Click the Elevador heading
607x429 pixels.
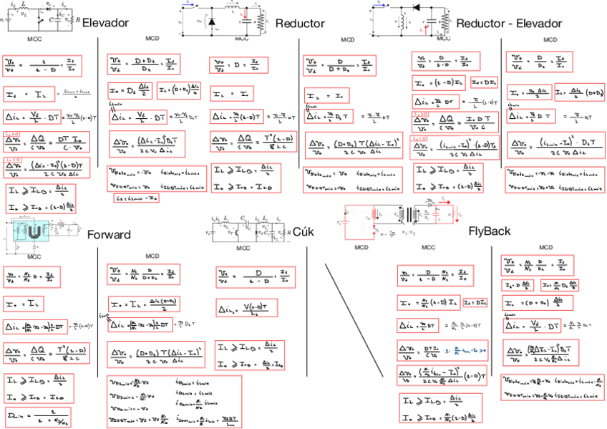105,23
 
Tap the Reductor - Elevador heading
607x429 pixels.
508,24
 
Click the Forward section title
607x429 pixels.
109,235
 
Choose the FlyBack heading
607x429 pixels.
489,231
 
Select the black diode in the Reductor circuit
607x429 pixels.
211,22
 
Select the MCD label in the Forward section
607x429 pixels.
152,256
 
